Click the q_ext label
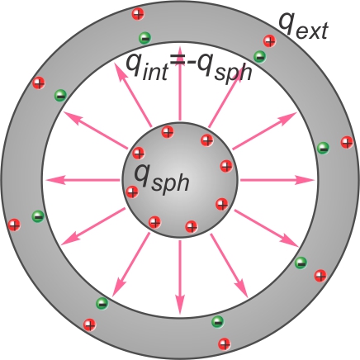tap(304, 26)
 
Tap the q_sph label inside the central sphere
tap(162, 180)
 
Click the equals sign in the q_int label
tap(179, 60)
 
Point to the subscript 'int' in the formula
tap(155, 73)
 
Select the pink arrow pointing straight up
tap(180, 83)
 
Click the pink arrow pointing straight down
tap(180, 277)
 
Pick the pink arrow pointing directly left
tap(83, 180)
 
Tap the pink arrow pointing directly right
tap(277, 180)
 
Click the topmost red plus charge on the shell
tap(138, 14)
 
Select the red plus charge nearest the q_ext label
tap(269, 41)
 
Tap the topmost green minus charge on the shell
tap(145, 37)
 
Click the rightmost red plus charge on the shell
tap(347, 142)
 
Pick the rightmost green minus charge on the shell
tap(323, 148)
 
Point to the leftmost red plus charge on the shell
tap(14, 225)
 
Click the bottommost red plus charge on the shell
tap(225, 343)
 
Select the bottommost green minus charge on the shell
tap(218, 321)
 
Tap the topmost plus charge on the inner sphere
tap(168, 132)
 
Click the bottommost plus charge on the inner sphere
tap(192, 227)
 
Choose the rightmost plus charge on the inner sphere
tap(226, 166)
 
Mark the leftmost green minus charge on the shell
tap(38, 216)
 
